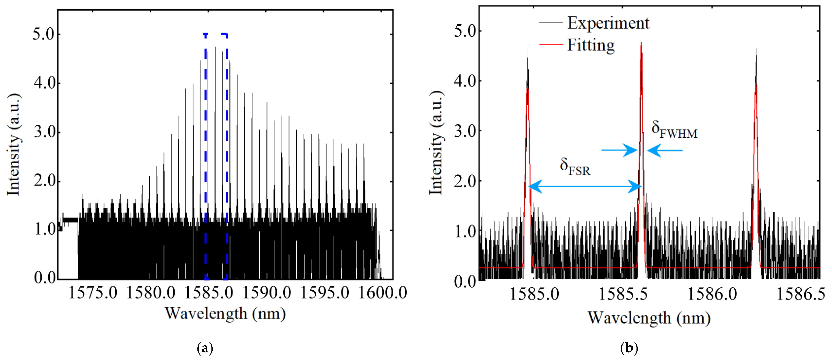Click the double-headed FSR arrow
coord(585,187)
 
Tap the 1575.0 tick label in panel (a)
coord(93,293)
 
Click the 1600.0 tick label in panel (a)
coord(383,293)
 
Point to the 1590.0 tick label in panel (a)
coord(267,293)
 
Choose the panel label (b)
coord(629,348)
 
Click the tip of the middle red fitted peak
coord(641,43)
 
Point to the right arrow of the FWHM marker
coord(665,150)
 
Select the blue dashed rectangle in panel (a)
coord(205,155)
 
